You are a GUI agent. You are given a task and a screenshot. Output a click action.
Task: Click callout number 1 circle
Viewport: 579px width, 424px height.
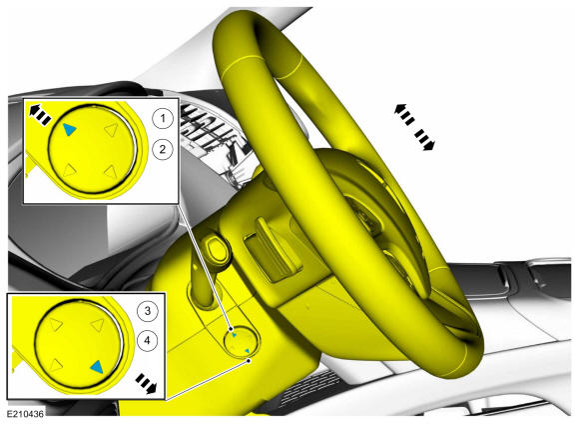(x=163, y=119)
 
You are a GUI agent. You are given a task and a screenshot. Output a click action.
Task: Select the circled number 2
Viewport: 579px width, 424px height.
(x=163, y=149)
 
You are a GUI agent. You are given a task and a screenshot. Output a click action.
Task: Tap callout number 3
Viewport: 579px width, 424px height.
(x=148, y=310)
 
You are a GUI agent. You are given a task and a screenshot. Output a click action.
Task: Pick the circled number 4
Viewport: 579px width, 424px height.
(x=148, y=340)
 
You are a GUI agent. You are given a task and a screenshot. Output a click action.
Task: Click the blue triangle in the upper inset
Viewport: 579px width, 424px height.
(x=69, y=129)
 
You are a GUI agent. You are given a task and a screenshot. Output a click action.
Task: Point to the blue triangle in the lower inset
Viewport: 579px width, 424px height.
(x=97, y=366)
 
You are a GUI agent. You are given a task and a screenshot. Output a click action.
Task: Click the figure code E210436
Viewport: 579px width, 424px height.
(x=25, y=414)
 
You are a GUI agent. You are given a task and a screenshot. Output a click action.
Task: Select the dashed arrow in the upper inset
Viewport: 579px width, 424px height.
(x=40, y=114)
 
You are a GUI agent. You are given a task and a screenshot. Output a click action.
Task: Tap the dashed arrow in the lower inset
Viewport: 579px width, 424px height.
(x=146, y=384)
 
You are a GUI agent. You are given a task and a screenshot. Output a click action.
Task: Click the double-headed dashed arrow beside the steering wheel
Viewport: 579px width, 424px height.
(x=414, y=127)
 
